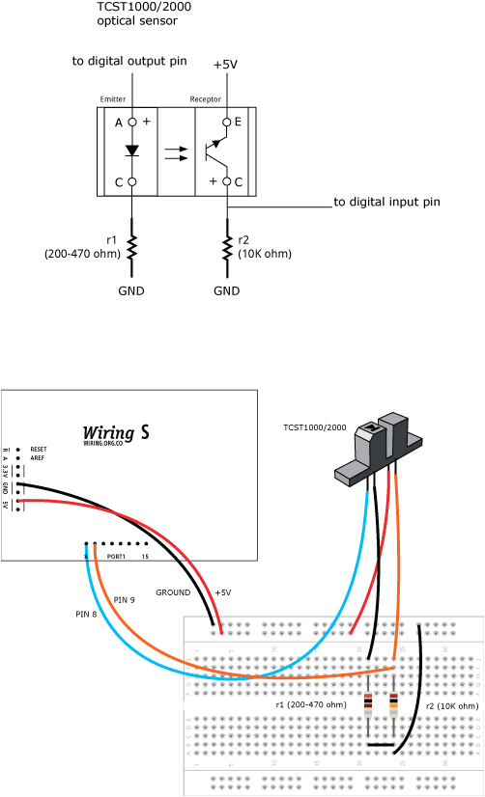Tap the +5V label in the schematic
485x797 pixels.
[225, 64]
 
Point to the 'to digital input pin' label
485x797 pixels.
[386, 203]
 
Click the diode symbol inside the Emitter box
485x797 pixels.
[131, 151]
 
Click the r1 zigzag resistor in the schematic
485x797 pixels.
[131, 248]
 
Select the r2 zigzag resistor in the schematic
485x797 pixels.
[226, 248]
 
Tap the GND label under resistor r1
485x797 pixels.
[131, 290]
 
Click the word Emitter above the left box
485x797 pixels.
[113, 99]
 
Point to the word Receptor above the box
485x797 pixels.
[206, 99]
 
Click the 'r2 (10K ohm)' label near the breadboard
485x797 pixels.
[451, 706]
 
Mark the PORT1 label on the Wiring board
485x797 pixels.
[117, 556]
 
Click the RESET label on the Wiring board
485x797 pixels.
[39, 450]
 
